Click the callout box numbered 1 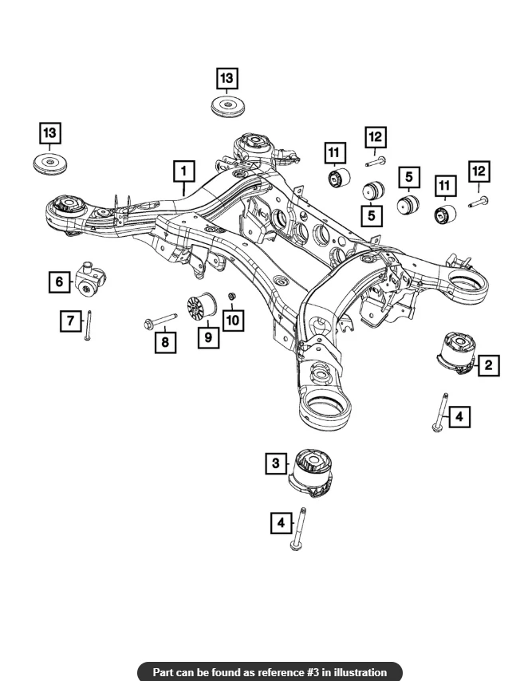tap(183, 171)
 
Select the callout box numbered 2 tap(488, 365)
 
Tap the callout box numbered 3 tap(276, 463)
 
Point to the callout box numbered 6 tap(59, 281)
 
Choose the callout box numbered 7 tap(71, 321)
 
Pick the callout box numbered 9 tap(208, 338)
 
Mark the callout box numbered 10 tap(233, 320)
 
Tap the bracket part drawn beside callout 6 tap(89, 277)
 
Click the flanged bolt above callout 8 tap(160, 321)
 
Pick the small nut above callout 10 tap(230, 298)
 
